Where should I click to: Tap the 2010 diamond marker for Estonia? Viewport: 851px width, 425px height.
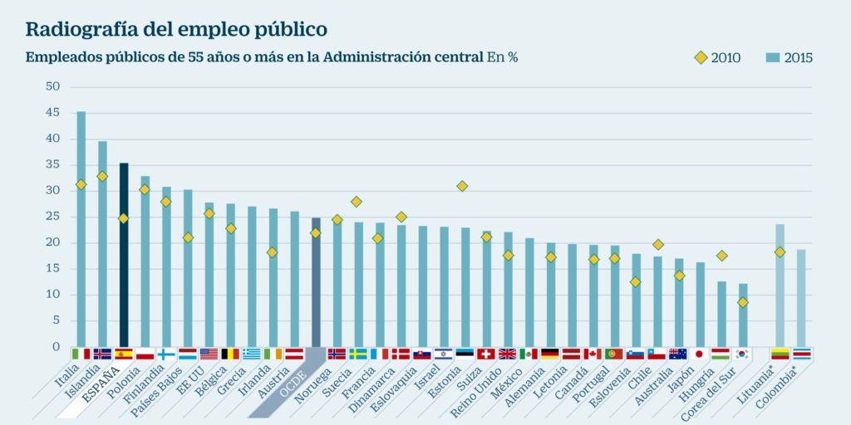[462, 186]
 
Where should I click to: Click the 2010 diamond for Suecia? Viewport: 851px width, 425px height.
[356, 202]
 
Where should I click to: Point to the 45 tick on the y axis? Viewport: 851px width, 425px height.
[52, 113]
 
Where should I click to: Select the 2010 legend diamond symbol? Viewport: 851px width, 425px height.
[701, 57]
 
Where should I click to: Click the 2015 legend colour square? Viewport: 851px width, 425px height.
[771, 57]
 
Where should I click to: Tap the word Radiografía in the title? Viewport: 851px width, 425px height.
[76, 29]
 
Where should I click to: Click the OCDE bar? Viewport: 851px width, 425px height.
[316, 282]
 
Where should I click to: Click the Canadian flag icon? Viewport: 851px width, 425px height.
[593, 354]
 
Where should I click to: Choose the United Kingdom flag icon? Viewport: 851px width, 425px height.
[507, 354]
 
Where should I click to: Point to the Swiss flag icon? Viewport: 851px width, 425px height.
[486, 354]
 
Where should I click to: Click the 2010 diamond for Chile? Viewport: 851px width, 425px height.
[658, 244]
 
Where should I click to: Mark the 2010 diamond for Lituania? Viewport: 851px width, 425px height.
[780, 252]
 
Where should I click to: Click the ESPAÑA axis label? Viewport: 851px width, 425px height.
[99, 387]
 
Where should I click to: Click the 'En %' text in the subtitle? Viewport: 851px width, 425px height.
[503, 57]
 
